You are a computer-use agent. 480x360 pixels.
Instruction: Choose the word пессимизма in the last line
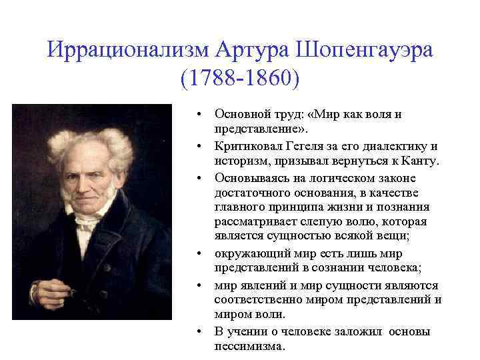(249, 347)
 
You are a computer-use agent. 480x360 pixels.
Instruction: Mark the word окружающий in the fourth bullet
(245, 253)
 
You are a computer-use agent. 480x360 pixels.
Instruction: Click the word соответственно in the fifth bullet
(255, 300)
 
